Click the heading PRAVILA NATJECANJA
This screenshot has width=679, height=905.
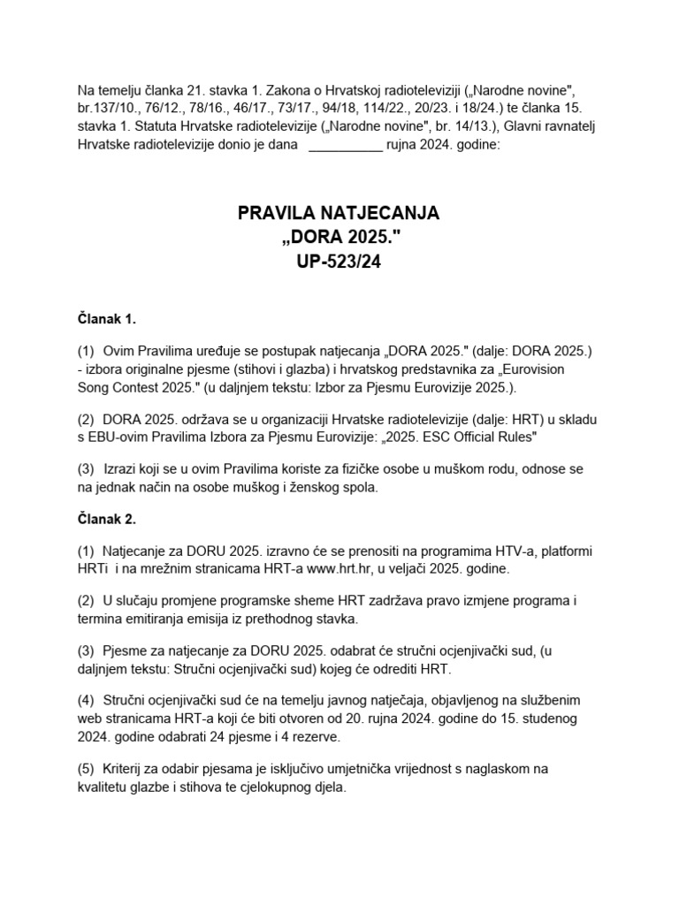339,214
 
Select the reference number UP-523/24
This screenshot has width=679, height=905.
339,262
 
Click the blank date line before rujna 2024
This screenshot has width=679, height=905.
345,147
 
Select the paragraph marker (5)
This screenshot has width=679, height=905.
87,768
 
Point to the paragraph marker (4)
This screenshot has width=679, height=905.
87,699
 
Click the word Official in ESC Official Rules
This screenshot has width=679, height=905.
454,437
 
